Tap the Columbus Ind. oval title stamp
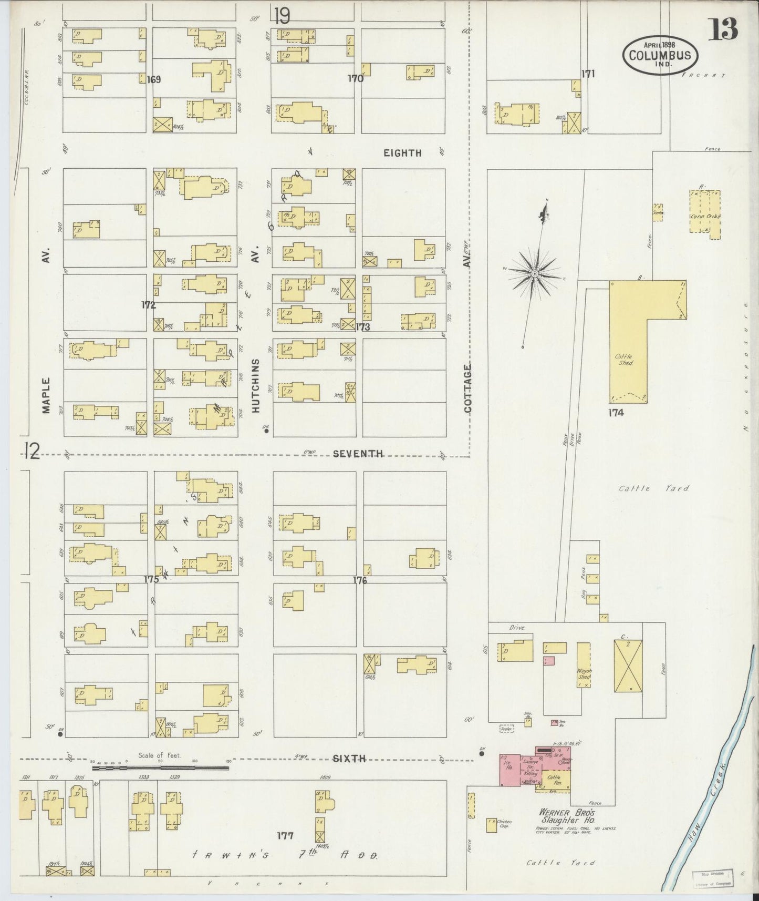coord(660,55)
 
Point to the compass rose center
coord(534,274)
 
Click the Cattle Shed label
coord(625,360)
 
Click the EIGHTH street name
coord(402,153)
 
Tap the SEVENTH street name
coord(358,454)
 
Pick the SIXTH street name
coord(349,758)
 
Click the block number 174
coord(616,413)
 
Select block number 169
coord(153,80)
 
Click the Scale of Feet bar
coord(160,767)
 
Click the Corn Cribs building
coord(705,215)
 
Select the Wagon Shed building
coord(584,664)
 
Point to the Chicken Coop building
coord(491,825)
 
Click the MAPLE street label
coord(46,395)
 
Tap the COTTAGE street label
coord(467,388)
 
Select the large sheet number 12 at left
coord(32,450)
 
